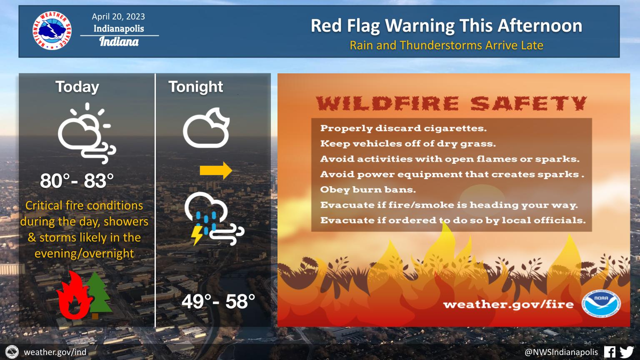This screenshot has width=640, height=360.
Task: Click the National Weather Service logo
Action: pos(52,30)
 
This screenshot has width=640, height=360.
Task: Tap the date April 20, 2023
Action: pos(118,17)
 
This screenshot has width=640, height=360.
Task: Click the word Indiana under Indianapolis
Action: pos(119,42)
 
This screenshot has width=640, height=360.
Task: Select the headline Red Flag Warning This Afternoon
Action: pos(446,26)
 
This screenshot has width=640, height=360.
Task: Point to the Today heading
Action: pos(77,87)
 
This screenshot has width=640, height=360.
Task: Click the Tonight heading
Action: pos(196,87)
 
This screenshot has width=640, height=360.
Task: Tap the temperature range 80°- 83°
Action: pos(77,181)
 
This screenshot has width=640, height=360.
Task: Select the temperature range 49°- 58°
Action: pos(218,301)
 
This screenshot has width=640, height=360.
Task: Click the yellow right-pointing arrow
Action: pos(216,170)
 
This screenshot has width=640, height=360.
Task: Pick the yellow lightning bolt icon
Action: pos(197,235)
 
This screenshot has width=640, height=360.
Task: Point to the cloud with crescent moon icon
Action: pos(206,128)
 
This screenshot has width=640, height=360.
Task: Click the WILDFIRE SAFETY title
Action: pos(451,103)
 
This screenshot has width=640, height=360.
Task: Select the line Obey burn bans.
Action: pos(368,190)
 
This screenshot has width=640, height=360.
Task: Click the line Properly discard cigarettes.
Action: pos(403,128)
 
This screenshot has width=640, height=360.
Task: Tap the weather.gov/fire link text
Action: pos(509,305)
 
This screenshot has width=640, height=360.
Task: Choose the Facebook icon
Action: pos(610,352)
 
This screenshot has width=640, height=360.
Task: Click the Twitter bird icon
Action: pos(627,352)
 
